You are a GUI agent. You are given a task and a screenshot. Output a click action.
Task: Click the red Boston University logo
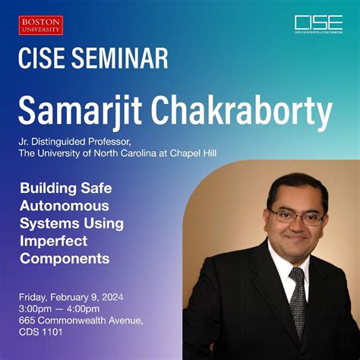click(x=41, y=26)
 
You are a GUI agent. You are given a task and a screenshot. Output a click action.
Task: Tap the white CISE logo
click(x=318, y=24)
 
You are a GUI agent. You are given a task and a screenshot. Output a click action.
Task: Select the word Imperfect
click(x=55, y=240)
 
